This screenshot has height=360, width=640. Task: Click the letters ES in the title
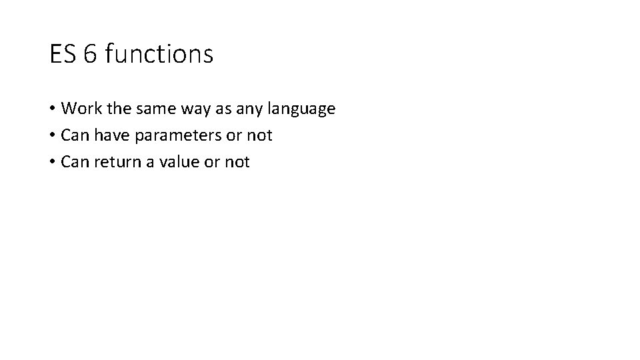62,54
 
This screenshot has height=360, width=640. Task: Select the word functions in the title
159,54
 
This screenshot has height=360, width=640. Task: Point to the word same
149,108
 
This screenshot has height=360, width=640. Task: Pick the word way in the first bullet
189,109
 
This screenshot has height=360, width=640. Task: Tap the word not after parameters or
260,135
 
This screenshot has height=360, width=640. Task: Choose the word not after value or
237,162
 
